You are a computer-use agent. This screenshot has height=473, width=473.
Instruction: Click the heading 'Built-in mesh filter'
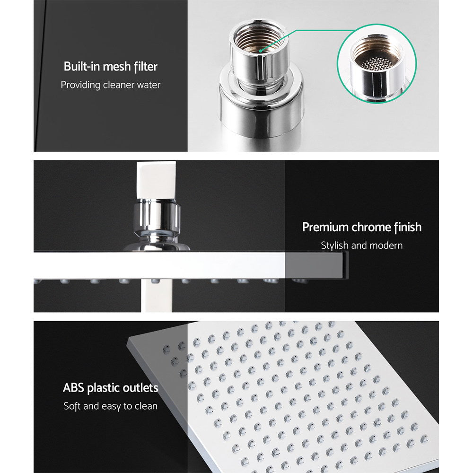(x=111, y=66)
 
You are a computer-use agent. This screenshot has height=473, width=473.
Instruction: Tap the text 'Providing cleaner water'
(x=111, y=85)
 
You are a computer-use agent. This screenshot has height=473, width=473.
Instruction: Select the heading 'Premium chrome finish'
(x=362, y=227)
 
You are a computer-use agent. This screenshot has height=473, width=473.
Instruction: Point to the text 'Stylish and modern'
(x=362, y=245)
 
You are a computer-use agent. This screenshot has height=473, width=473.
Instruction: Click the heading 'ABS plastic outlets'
(x=111, y=388)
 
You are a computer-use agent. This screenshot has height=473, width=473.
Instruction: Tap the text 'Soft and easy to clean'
(x=111, y=406)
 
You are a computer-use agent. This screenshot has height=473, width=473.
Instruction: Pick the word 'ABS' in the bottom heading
(x=73, y=388)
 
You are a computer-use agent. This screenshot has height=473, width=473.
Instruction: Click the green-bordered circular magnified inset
(x=377, y=64)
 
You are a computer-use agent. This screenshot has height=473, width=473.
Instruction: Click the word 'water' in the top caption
(x=149, y=85)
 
